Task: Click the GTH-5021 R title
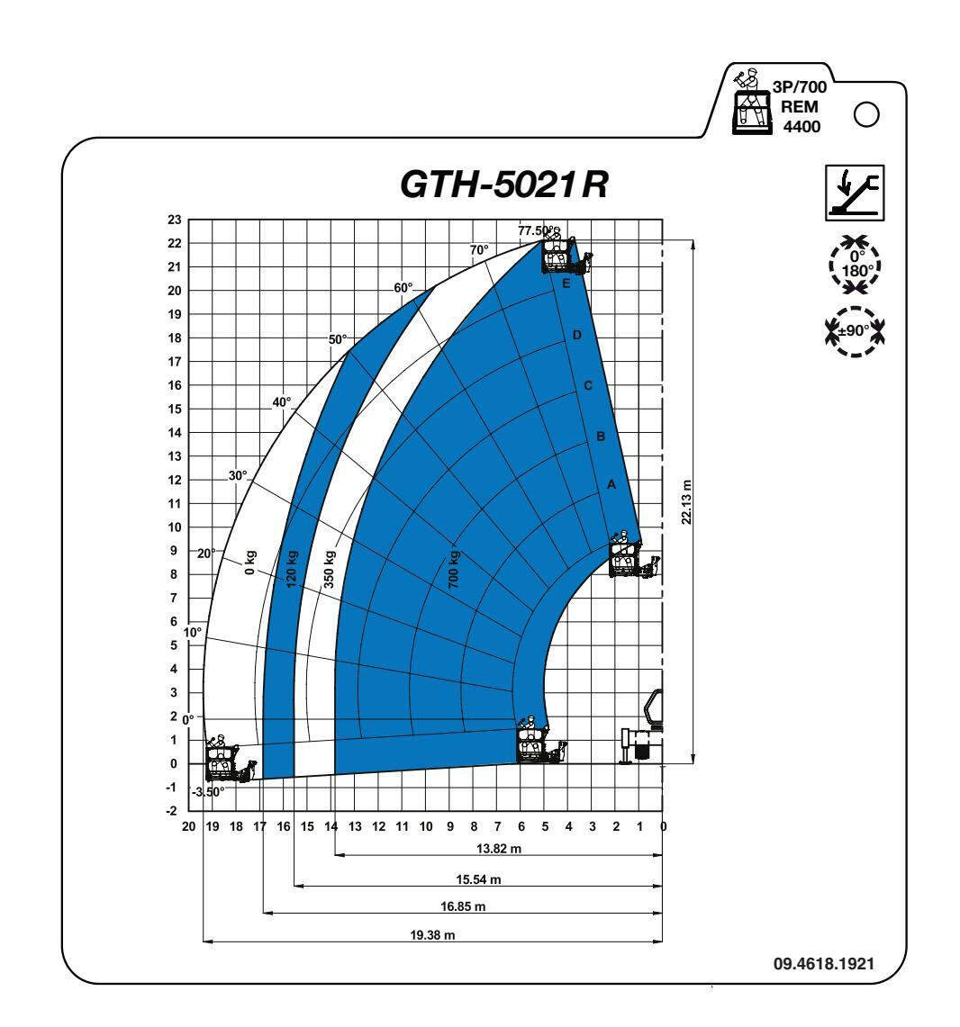point(503,184)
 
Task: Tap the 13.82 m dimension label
point(499,848)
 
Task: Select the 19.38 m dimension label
point(432,934)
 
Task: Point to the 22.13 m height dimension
point(686,501)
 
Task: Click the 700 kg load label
point(454,569)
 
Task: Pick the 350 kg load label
point(329,569)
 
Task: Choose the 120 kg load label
point(292,568)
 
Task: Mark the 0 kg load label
point(249,563)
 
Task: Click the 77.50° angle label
point(535,230)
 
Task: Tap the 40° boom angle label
point(282,402)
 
